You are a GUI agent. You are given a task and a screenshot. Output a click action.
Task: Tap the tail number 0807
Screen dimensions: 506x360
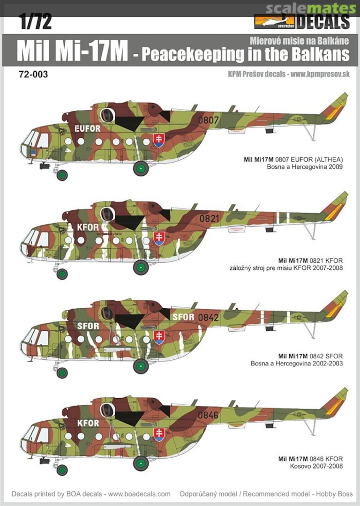[209, 120]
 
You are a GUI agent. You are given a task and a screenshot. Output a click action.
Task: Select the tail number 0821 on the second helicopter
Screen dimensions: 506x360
[209, 219]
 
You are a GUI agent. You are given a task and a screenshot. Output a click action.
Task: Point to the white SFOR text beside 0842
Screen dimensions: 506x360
[183, 317]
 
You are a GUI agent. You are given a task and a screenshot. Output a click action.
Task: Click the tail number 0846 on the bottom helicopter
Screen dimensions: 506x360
[208, 415]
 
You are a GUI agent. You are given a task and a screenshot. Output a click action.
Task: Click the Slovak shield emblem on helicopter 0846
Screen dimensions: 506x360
[159, 435]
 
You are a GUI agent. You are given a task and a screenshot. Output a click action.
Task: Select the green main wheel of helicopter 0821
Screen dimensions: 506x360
[141, 267]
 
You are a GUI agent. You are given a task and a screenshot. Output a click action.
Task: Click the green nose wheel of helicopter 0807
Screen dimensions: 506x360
[62, 175]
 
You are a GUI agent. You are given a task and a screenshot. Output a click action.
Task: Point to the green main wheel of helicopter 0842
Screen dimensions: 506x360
[141, 366]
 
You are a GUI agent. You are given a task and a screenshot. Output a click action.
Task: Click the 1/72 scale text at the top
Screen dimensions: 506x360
[35, 22]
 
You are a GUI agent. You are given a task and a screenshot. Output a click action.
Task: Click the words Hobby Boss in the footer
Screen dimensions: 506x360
[330, 494]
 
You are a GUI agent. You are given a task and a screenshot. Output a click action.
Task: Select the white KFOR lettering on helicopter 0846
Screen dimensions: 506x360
[88, 423]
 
